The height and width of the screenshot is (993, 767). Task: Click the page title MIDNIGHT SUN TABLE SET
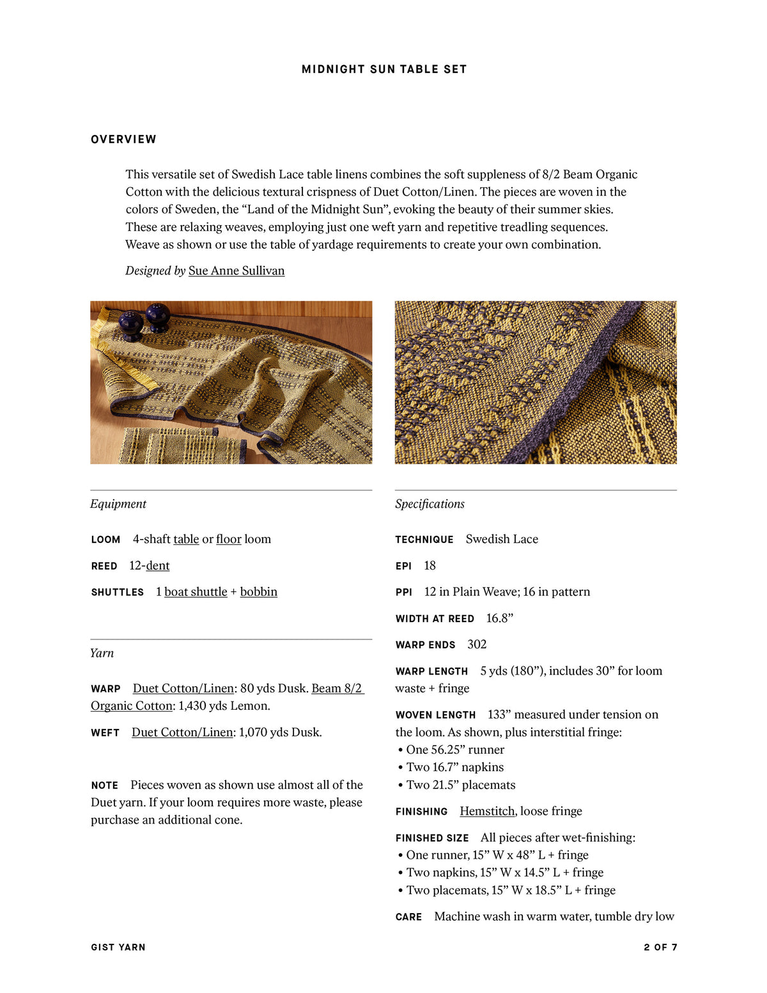click(x=384, y=69)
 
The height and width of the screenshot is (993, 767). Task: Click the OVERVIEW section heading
click(x=123, y=139)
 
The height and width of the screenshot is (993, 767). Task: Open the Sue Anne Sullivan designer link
click(x=236, y=270)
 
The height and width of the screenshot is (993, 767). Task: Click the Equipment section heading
click(x=118, y=504)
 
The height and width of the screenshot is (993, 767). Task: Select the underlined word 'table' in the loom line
click(x=186, y=539)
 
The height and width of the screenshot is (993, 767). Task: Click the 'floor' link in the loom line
click(x=229, y=539)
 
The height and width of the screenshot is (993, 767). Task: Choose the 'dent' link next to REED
click(x=158, y=565)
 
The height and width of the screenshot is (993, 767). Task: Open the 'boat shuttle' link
click(x=196, y=591)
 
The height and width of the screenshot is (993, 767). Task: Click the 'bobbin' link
click(x=259, y=591)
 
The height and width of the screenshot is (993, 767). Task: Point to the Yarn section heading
click(x=102, y=653)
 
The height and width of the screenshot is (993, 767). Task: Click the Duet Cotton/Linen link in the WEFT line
click(x=182, y=732)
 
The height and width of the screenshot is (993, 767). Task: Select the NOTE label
click(x=104, y=785)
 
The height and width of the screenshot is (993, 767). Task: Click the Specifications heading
click(x=430, y=504)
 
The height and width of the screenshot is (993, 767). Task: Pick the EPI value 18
click(x=430, y=565)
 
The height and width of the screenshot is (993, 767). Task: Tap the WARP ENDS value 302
click(x=477, y=645)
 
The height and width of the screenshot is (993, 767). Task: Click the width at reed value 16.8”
click(x=500, y=618)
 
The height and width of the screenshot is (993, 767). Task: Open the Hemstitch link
click(x=487, y=811)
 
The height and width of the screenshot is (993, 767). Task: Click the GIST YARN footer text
click(x=118, y=947)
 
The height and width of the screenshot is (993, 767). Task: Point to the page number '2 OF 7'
click(x=660, y=947)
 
